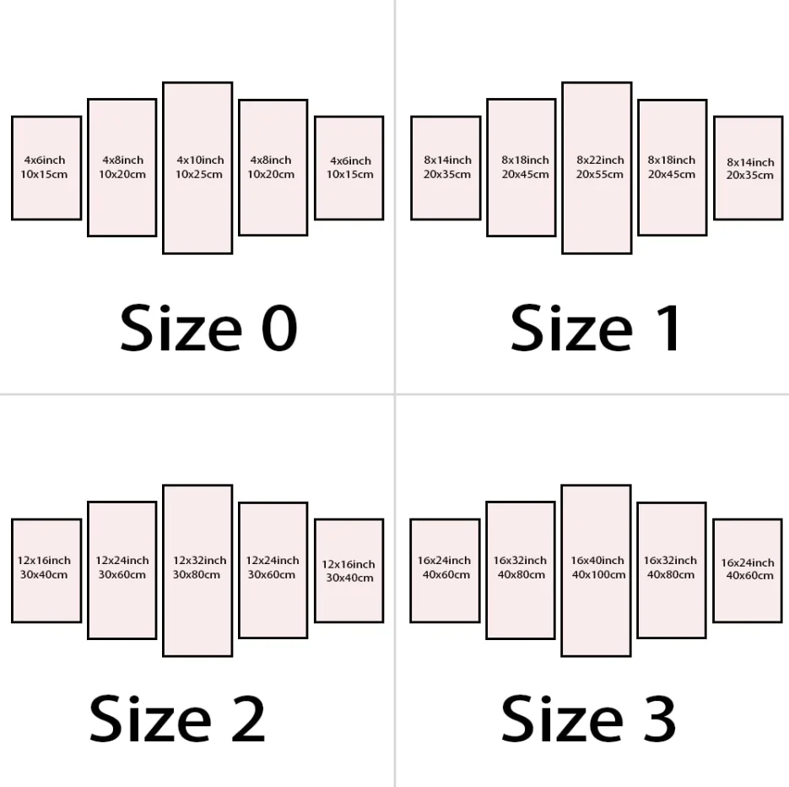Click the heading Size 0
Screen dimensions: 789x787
[208, 328]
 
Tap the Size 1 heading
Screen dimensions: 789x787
[595, 328]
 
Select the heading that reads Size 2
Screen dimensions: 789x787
[177, 719]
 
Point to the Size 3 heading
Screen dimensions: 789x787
[588, 719]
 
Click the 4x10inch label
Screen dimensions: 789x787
[200, 160]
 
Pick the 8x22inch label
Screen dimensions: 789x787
[600, 160]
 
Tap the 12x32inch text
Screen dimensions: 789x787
[200, 561]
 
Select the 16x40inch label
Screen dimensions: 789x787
[597, 561]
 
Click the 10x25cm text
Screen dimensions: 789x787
[199, 174]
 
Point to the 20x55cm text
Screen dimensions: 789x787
[600, 174]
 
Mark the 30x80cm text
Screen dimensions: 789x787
[197, 574]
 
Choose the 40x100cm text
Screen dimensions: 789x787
[599, 574]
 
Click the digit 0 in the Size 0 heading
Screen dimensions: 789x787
[279, 328]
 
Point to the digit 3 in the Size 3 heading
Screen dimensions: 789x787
[658, 719]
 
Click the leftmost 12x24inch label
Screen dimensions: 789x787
[122, 561]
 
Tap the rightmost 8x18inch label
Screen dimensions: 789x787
[671, 160]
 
